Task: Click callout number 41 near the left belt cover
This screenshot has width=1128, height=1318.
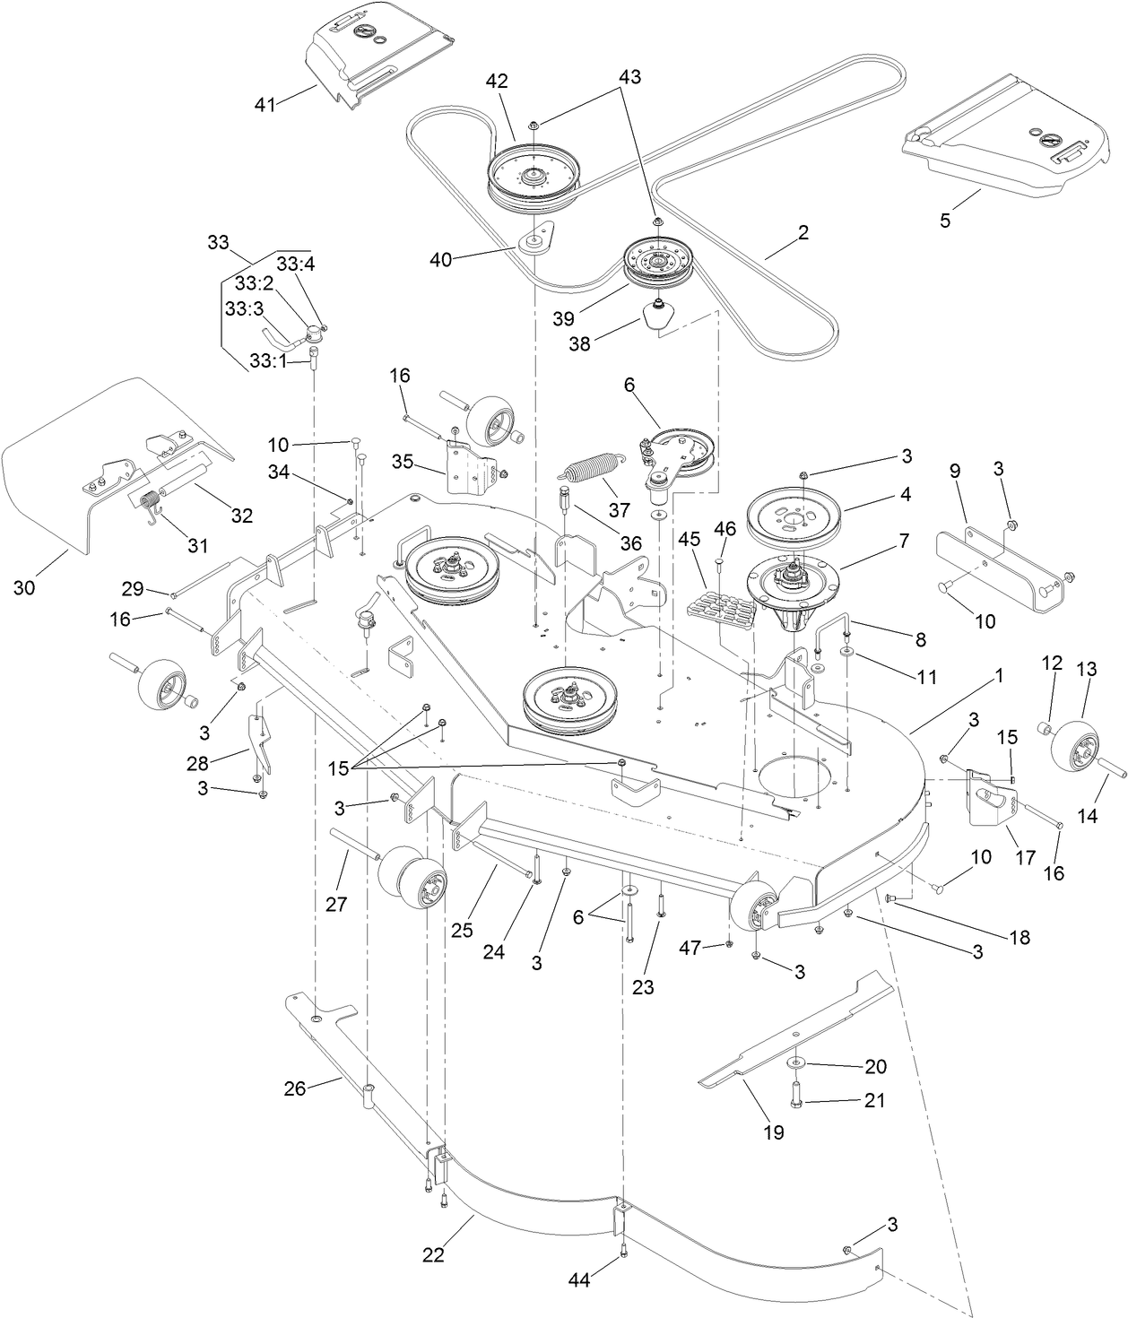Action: click(x=265, y=104)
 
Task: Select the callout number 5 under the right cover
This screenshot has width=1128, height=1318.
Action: click(x=944, y=219)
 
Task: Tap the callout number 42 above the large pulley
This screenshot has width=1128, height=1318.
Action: click(x=497, y=81)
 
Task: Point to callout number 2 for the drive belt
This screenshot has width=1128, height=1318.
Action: click(x=803, y=232)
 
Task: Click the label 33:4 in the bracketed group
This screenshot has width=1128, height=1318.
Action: click(x=292, y=264)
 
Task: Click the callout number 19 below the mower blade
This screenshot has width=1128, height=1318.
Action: click(x=773, y=1132)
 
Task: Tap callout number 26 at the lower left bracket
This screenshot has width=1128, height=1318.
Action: click(x=295, y=1088)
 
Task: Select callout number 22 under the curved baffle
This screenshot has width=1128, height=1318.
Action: click(x=433, y=1255)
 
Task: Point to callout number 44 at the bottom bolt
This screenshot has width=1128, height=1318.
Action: click(x=579, y=1281)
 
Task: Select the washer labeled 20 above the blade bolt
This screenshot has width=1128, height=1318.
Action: click(x=795, y=1063)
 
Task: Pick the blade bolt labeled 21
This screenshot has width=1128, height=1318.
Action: click(x=796, y=1094)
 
